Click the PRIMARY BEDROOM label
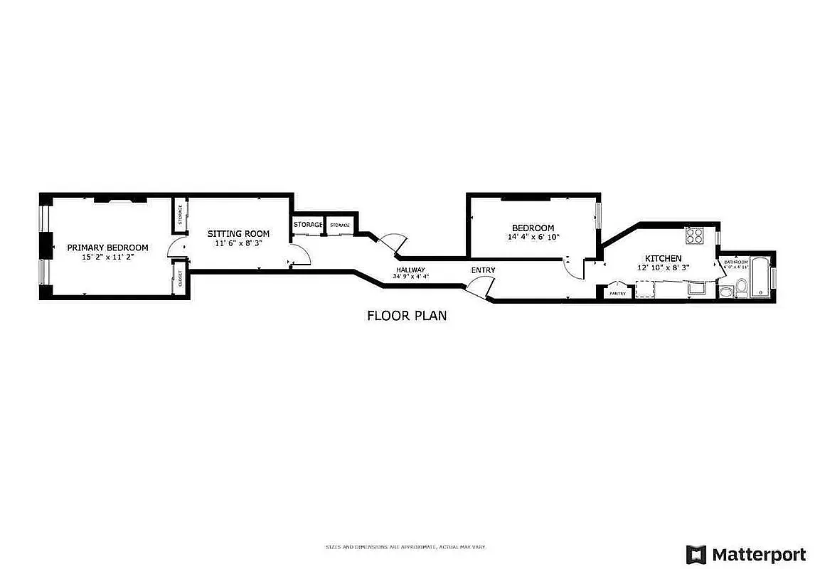tap(107, 248)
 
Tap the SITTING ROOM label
tap(238, 233)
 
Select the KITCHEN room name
tap(663, 258)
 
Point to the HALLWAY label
tap(410, 270)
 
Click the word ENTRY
tap(483, 270)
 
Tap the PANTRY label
tap(617, 293)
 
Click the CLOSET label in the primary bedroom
tap(179, 277)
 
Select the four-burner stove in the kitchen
tap(693, 235)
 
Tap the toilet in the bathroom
tap(741, 287)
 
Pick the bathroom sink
tap(725, 292)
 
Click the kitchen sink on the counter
tap(695, 288)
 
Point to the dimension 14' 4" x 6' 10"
tap(533, 237)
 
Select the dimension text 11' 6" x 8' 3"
tap(238, 243)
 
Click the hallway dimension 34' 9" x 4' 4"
tap(410, 276)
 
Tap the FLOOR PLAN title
tap(407, 316)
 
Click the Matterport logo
tap(745, 554)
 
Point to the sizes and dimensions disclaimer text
tap(405, 547)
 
